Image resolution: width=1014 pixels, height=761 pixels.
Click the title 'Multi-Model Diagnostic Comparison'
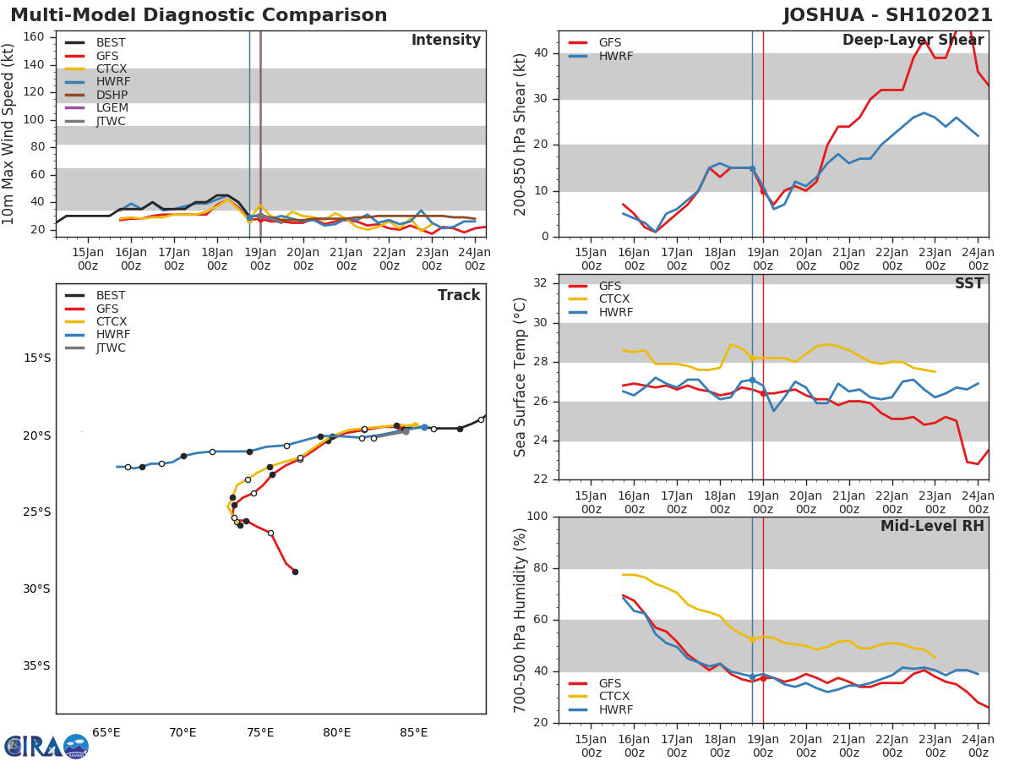(199, 15)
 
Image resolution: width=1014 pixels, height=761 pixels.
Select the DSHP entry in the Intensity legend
(112, 95)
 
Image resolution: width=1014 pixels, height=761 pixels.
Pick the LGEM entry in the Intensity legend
(112, 108)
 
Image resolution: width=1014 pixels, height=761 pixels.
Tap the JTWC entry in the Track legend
(111, 348)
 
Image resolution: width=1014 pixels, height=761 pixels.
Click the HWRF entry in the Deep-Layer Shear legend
(614, 57)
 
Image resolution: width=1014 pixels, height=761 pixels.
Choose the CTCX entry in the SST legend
(614, 299)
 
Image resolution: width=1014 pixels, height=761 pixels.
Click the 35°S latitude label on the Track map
(36, 666)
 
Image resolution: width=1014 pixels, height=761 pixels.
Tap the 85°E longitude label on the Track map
(414, 733)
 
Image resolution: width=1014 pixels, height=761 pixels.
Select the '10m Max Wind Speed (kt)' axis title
(9, 134)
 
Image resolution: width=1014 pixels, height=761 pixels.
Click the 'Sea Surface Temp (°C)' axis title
(521, 377)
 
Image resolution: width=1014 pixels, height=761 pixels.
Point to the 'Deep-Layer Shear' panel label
(913, 41)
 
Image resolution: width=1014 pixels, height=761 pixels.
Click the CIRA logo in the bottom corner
(46, 747)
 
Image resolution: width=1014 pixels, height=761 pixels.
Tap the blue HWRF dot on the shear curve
(752, 169)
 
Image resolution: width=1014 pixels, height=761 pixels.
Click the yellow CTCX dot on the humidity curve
(752, 639)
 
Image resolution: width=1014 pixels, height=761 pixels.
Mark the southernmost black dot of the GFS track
(295, 572)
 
